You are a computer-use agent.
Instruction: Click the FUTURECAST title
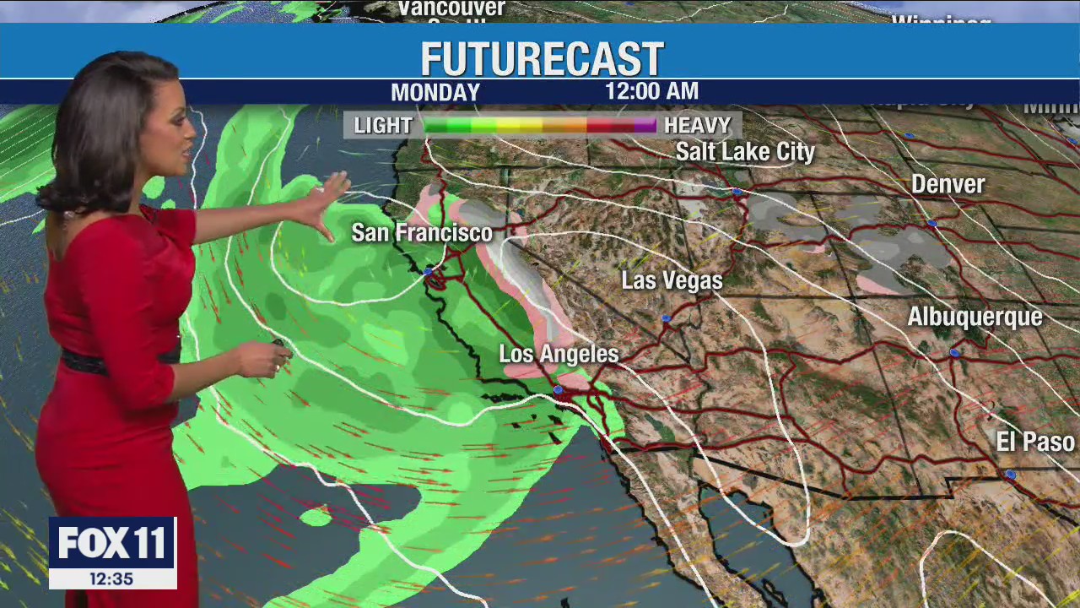pos(542,59)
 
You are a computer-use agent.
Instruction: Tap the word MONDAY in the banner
pos(435,92)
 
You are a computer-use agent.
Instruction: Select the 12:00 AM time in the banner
pos(651,91)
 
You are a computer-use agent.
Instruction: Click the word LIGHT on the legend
pos(382,126)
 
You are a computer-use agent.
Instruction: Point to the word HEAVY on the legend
pos(697,126)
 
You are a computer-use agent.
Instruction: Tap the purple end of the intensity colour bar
pos(646,126)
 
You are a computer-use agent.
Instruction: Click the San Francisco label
pos(421,232)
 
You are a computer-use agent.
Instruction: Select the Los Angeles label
pos(559,354)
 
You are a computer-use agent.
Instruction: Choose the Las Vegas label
pos(672,280)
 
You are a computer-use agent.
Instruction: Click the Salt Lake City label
pos(745,152)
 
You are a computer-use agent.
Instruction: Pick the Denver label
pos(948,184)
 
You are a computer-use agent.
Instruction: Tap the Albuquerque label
pos(975,317)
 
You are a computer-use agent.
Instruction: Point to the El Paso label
pos(1035,442)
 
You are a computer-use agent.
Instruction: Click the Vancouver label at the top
pos(451,8)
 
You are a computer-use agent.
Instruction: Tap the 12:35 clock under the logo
pos(111,578)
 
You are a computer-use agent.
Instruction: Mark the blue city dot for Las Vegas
pos(666,318)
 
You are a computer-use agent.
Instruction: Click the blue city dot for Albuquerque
pos(954,353)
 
